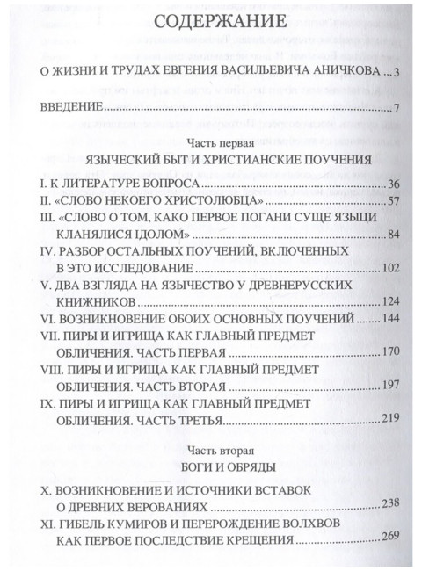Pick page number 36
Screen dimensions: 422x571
click(393, 187)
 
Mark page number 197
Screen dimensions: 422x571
click(389, 386)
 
